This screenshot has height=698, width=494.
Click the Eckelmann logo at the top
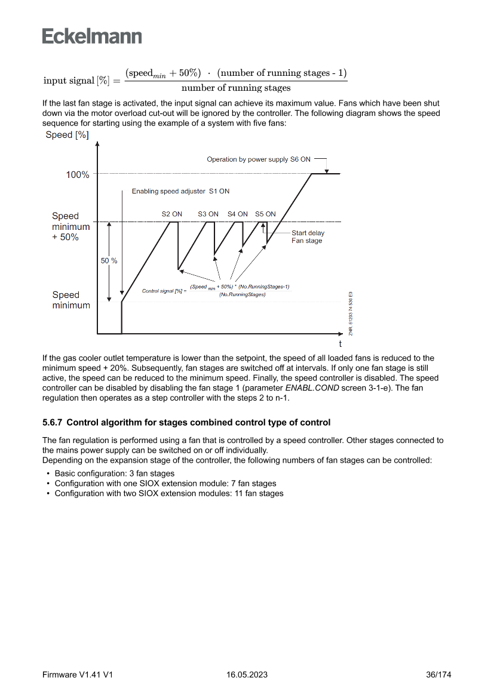click(92, 36)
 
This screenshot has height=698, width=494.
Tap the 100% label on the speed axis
click(78, 175)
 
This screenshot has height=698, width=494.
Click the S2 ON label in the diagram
click(172, 214)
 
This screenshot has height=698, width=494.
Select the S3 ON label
click(208, 214)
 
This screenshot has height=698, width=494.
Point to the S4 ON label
click(238, 214)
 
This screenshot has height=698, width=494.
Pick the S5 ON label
click(265, 214)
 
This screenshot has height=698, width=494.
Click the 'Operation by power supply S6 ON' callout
click(258, 159)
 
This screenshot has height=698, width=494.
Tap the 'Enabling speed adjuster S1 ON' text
click(180, 192)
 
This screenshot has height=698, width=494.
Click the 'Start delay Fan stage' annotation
click(307, 236)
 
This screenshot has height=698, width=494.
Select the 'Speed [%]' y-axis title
click(67, 135)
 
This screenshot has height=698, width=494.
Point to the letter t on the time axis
click(340, 344)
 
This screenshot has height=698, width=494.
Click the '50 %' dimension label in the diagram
click(109, 261)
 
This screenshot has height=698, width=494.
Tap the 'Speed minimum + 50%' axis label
click(70, 226)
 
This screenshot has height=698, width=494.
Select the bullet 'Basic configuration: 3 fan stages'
click(114, 473)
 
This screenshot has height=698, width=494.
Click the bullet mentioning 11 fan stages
click(168, 493)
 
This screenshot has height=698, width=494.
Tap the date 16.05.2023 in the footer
click(247, 675)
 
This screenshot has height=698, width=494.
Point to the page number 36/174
click(438, 675)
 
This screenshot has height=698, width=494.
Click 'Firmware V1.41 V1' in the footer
click(78, 675)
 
